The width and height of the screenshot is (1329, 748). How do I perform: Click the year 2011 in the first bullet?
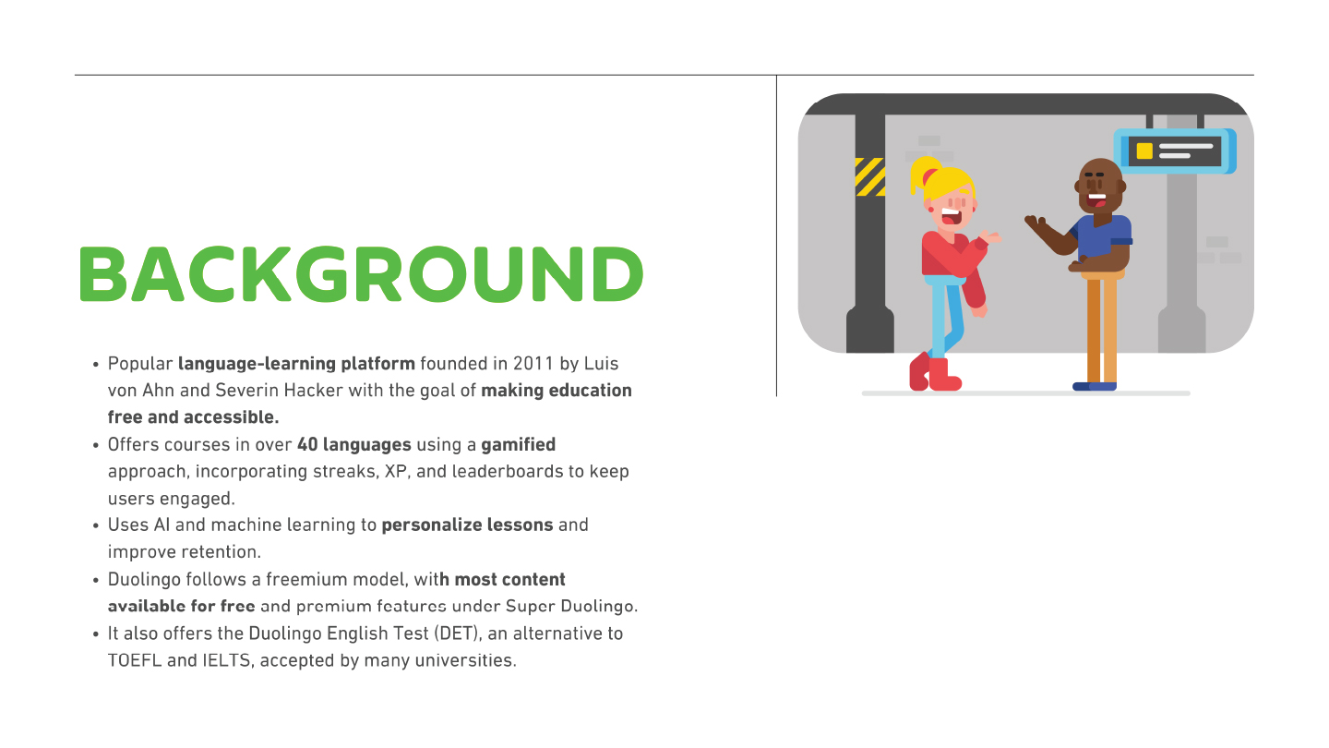coord(535,363)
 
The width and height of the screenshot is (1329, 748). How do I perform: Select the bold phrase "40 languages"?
coord(353,444)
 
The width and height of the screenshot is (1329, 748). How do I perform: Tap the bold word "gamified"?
coord(518,444)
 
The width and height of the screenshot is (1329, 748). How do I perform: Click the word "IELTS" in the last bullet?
coord(226,660)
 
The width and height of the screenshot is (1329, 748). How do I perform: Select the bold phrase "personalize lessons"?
coord(467,525)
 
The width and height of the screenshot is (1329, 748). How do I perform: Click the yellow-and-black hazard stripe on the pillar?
coord(869,176)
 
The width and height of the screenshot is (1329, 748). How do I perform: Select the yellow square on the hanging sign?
coord(1144,151)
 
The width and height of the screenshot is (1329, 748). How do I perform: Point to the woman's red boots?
coord(934,373)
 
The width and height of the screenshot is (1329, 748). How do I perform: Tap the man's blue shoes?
coord(1095,386)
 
